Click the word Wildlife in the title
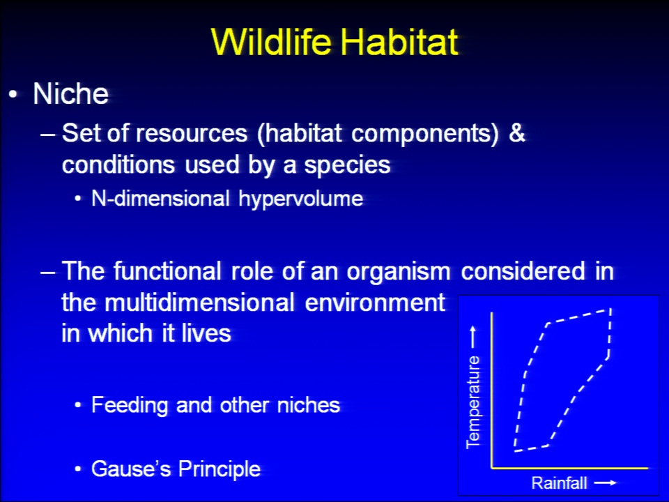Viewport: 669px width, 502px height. pyautogui.click(x=271, y=42)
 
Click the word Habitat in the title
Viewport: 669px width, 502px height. pyautogui.click(x=399, y=42)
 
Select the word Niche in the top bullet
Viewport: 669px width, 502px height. pyautogui.click(x=71, y=93)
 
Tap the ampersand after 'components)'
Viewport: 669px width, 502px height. pyautogui.click(x=516, y=132)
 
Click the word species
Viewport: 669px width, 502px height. pyautogui.click(x=347, y=165)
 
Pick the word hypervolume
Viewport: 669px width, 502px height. pyautogui.click(x=301, y=199)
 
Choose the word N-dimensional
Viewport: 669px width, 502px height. pyautogui.click(x=161, y=199)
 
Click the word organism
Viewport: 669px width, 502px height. pyautogui.click(x=398, y=271)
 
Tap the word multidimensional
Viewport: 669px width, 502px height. pyautogui.click(x=199, y=303)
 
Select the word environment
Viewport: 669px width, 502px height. pyautogui.click(x=375, y=303)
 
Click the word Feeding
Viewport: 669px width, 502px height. pyautogui.click(x=130, y=405)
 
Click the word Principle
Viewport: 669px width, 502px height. pyautogui.click(x=220, y=469)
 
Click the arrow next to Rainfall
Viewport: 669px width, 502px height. pyautogui.click(x=606, y=482)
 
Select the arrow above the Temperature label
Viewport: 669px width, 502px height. pyautogui.click(x=473, y=337)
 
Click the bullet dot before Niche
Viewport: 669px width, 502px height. pyautogui.click(x=13, y=94)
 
